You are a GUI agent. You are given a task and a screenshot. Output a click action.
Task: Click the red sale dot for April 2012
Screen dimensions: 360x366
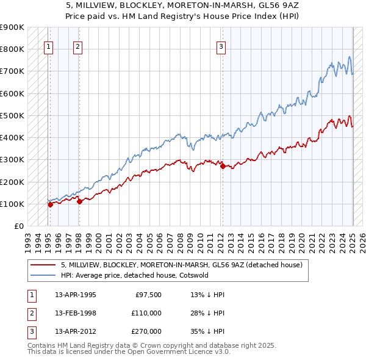222,166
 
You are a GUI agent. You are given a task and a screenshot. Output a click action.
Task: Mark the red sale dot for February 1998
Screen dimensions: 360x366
79,201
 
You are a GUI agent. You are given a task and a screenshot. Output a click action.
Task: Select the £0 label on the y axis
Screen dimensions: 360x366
18,226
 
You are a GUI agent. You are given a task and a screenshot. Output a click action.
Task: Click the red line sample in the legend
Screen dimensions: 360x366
43,265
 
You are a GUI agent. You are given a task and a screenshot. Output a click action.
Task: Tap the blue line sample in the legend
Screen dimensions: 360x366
43,275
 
